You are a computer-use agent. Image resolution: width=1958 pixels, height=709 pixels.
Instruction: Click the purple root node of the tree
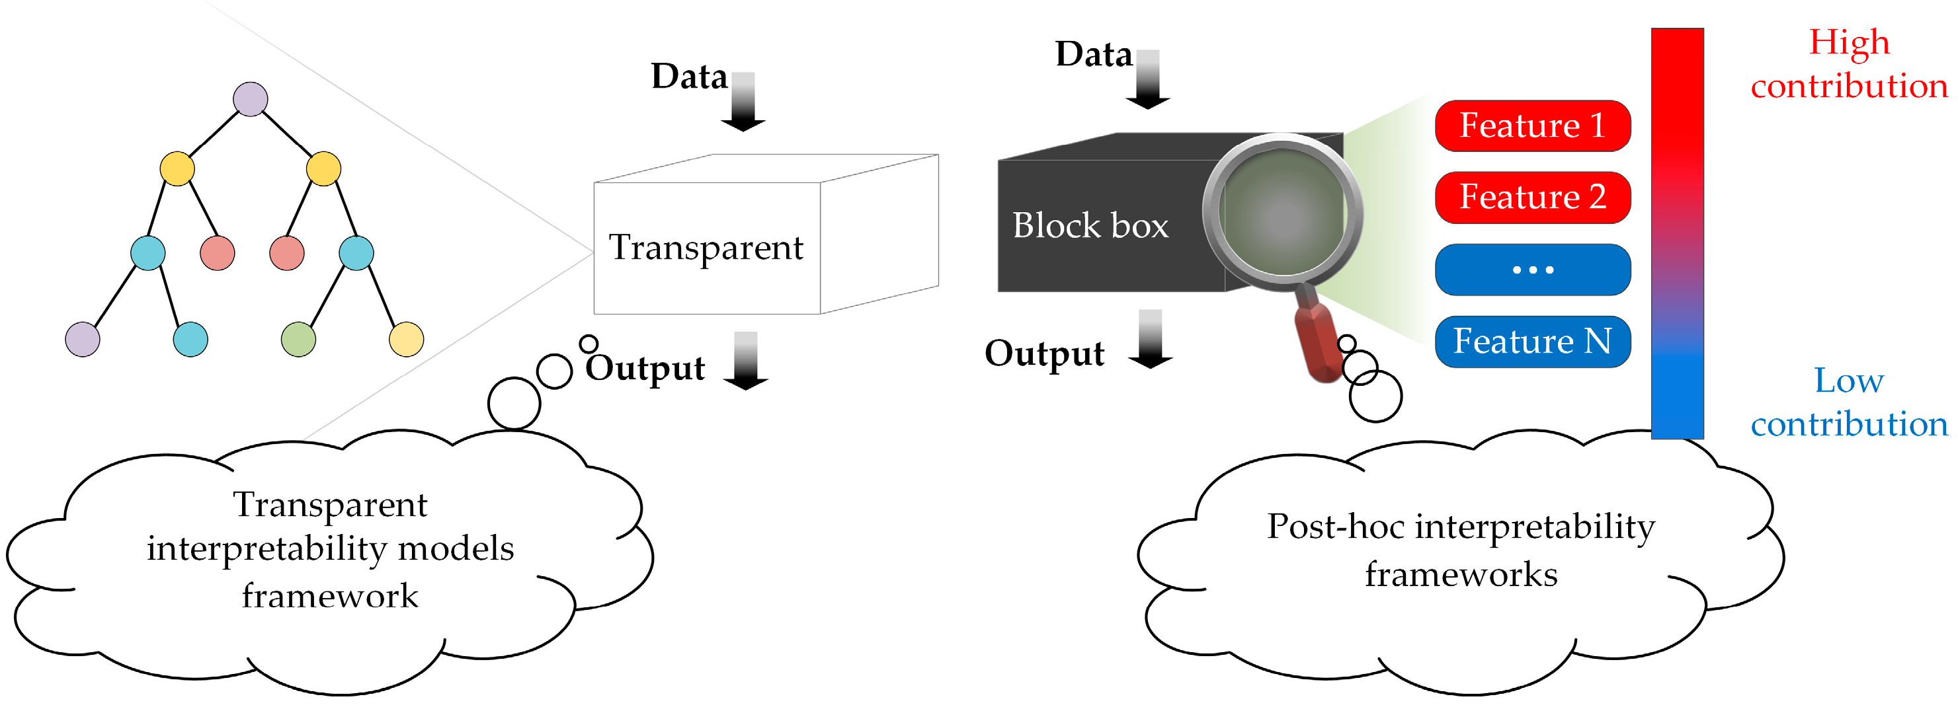point(250,99)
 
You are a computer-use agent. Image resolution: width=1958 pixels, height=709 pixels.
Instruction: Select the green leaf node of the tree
point(298,339)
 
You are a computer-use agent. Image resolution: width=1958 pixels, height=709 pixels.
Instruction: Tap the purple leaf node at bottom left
point(82,339)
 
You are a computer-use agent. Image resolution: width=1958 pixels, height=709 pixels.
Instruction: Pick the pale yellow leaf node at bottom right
point(406,339)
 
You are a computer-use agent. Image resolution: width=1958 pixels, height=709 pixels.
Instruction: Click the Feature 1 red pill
point(1532,126)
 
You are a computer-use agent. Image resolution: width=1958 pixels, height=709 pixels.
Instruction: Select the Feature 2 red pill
point(1532,198)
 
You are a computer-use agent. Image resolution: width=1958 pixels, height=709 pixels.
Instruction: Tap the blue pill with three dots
point(1532,269)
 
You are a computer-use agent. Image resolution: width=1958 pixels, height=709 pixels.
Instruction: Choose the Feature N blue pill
point(1532,341)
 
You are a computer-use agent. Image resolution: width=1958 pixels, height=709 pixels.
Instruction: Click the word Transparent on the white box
point(706,248)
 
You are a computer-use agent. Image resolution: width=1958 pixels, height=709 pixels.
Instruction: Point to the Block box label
point(1090,226)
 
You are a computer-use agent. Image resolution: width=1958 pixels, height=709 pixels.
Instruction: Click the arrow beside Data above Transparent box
point(743,102)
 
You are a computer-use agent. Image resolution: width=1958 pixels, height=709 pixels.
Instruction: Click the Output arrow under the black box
point(1150,339)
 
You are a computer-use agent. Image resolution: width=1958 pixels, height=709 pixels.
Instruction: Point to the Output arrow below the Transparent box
point(745,361)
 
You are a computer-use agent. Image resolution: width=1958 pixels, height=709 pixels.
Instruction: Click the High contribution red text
point(1848,64)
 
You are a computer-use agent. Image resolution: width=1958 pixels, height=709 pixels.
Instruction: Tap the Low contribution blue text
point(1848,402)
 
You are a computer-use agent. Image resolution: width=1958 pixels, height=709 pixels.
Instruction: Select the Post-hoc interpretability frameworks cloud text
point(1460,549)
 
